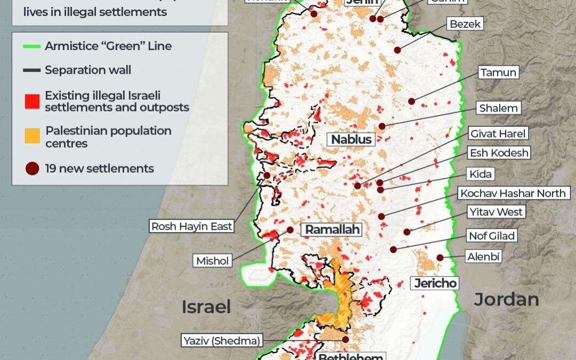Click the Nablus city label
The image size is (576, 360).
pos(351,139)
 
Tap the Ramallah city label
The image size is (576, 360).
pos(332,230)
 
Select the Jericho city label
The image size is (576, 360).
pos(436,283)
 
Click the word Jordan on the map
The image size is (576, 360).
pos(506,299)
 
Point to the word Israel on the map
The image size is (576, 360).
pos(206,307)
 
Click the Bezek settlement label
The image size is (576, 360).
pos(465,24)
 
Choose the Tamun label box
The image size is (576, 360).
pos(499,73)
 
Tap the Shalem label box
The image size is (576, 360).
pos(498,108)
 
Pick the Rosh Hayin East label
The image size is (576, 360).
pos(192,226)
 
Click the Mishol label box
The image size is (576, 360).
pos(212,261)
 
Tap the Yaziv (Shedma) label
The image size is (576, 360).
pos(221,341)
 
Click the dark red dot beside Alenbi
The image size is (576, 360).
pos(440,258)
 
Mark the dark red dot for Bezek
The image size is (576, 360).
pos(397,50)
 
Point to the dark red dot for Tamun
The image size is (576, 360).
pos(411,101)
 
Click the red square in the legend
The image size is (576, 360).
pos(32,101)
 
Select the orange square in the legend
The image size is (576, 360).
pos(32,137)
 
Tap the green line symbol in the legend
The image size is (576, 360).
pos(32,46)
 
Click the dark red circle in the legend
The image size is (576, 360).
pos(32,169)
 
